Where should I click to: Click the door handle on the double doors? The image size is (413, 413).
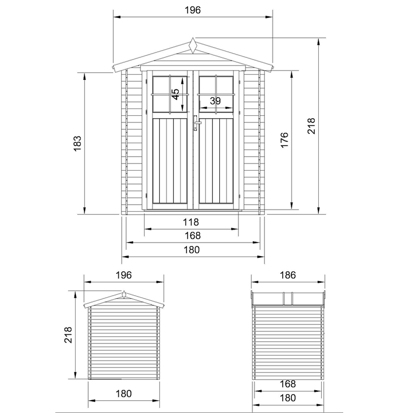196,123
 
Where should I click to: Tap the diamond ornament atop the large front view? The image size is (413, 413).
193,45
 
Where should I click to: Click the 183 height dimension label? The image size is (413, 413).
78,143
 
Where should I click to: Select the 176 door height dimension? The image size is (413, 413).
285,140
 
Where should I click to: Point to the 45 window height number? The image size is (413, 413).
176,94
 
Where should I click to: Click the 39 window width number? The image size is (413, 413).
215,101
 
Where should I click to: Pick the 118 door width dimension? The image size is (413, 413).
191,222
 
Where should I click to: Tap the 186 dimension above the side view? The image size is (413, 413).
287,275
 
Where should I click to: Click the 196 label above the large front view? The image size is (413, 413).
192,10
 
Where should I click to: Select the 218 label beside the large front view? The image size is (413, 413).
311,126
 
